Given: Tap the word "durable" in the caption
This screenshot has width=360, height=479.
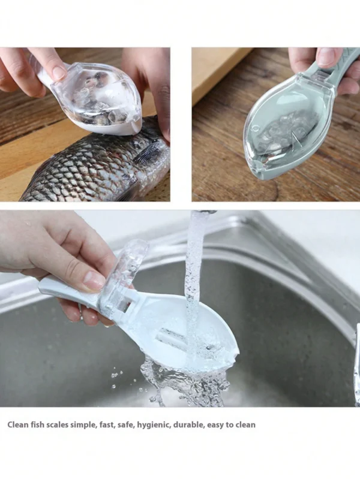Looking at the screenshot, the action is pyautogui.click(x=188, y=424).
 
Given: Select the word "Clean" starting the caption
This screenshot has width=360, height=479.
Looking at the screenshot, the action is pyautogui.click(x=18, y=424).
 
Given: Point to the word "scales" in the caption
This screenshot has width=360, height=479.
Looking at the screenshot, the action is pyautogui.click(x=57, y=424).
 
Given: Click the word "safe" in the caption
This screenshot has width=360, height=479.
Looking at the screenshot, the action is pyautogui.click(x=127, y=425).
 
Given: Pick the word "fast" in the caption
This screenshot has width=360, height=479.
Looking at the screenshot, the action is pyautogui.click(x=107, y=425).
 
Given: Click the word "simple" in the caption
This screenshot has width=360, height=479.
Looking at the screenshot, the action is pyautogui.click(x=84, y=425).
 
